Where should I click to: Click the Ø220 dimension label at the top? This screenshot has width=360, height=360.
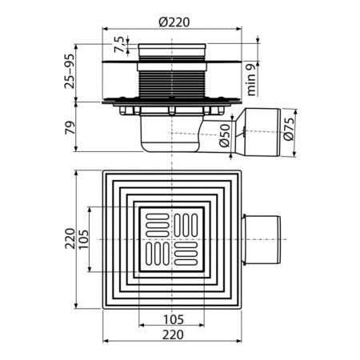click(x=173, y=22)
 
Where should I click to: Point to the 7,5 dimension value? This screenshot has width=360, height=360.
click(x=118, y=42)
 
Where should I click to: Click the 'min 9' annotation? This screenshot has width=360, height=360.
click(x=254, y=78)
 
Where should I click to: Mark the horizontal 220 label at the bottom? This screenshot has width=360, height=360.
click(x=173, y=336)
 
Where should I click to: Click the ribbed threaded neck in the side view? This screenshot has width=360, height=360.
click(x=173, y=80)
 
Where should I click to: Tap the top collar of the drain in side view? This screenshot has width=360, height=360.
click(x=173, y=52)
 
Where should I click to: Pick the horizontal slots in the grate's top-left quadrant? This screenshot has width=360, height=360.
click(x=157, y=223)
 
